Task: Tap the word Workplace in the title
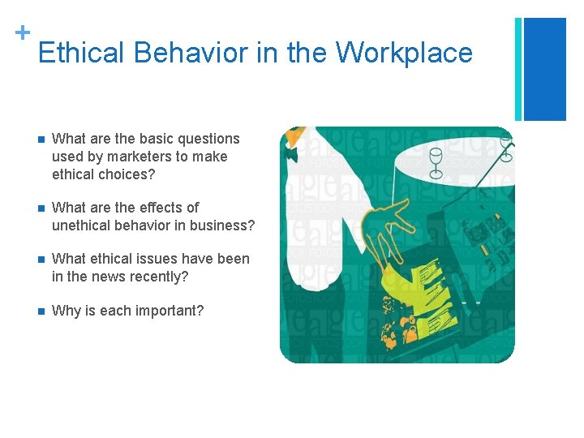coord(404,53)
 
